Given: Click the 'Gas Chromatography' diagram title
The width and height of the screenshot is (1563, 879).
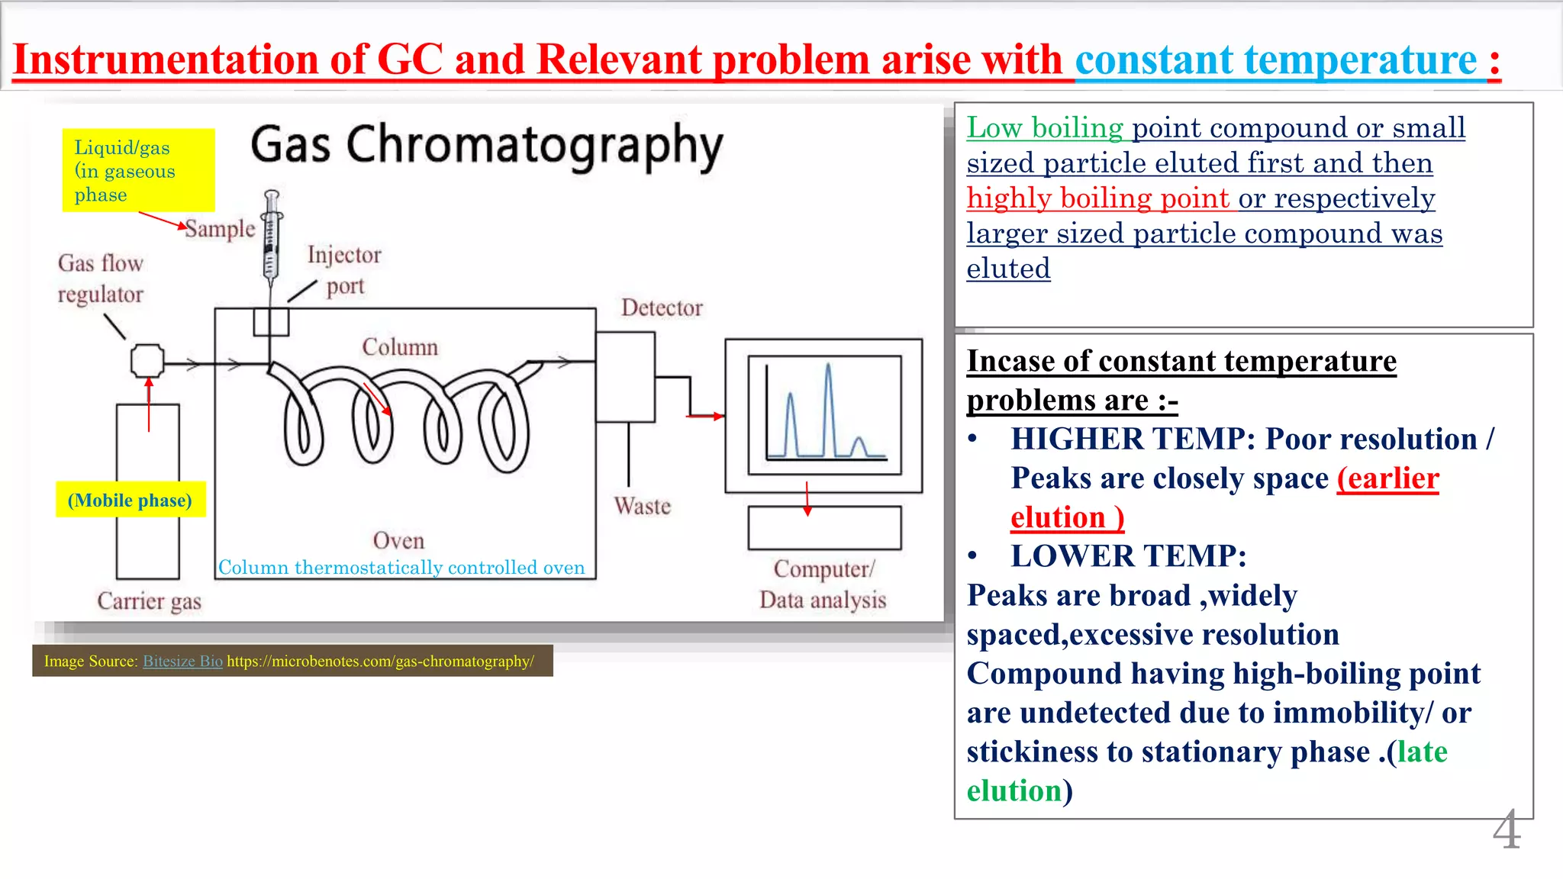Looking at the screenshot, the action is click(x=486, y=145).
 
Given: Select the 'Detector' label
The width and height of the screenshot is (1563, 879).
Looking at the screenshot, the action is click(x=661, y=307).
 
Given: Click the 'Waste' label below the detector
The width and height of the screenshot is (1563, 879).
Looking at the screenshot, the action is click(x=642, y=506).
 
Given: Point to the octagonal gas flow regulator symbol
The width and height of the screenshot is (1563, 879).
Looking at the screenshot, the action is click(x=147, y=361).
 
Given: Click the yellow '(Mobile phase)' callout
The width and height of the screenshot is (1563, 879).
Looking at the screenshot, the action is click(x=131, y=500).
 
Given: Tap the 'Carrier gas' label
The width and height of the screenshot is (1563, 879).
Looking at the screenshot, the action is click(x=149, y=601).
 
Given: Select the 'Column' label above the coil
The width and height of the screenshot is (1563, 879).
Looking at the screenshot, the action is click(x=400, y=347).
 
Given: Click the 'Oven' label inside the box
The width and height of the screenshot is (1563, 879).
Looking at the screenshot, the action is click(x=398, y=540).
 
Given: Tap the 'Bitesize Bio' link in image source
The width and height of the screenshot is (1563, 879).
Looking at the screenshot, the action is click(x=182, y=661).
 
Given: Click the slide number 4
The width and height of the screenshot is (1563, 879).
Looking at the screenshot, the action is click(x=1507, y=830).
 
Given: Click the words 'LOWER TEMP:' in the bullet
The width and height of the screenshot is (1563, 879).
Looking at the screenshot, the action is click(x=1129, y=556).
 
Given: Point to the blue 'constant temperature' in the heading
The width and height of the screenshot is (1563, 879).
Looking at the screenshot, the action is click(x=1276, y=60).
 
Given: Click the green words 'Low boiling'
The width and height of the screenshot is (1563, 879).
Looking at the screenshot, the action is click(x=1044, y=127).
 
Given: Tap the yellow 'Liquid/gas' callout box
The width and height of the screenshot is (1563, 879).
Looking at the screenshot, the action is click(x=138, y=170).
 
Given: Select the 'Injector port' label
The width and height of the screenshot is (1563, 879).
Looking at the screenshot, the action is click(x=344, y=269).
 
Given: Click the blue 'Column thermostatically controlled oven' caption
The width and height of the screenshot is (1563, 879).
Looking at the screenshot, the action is click(x=401, y=568).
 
